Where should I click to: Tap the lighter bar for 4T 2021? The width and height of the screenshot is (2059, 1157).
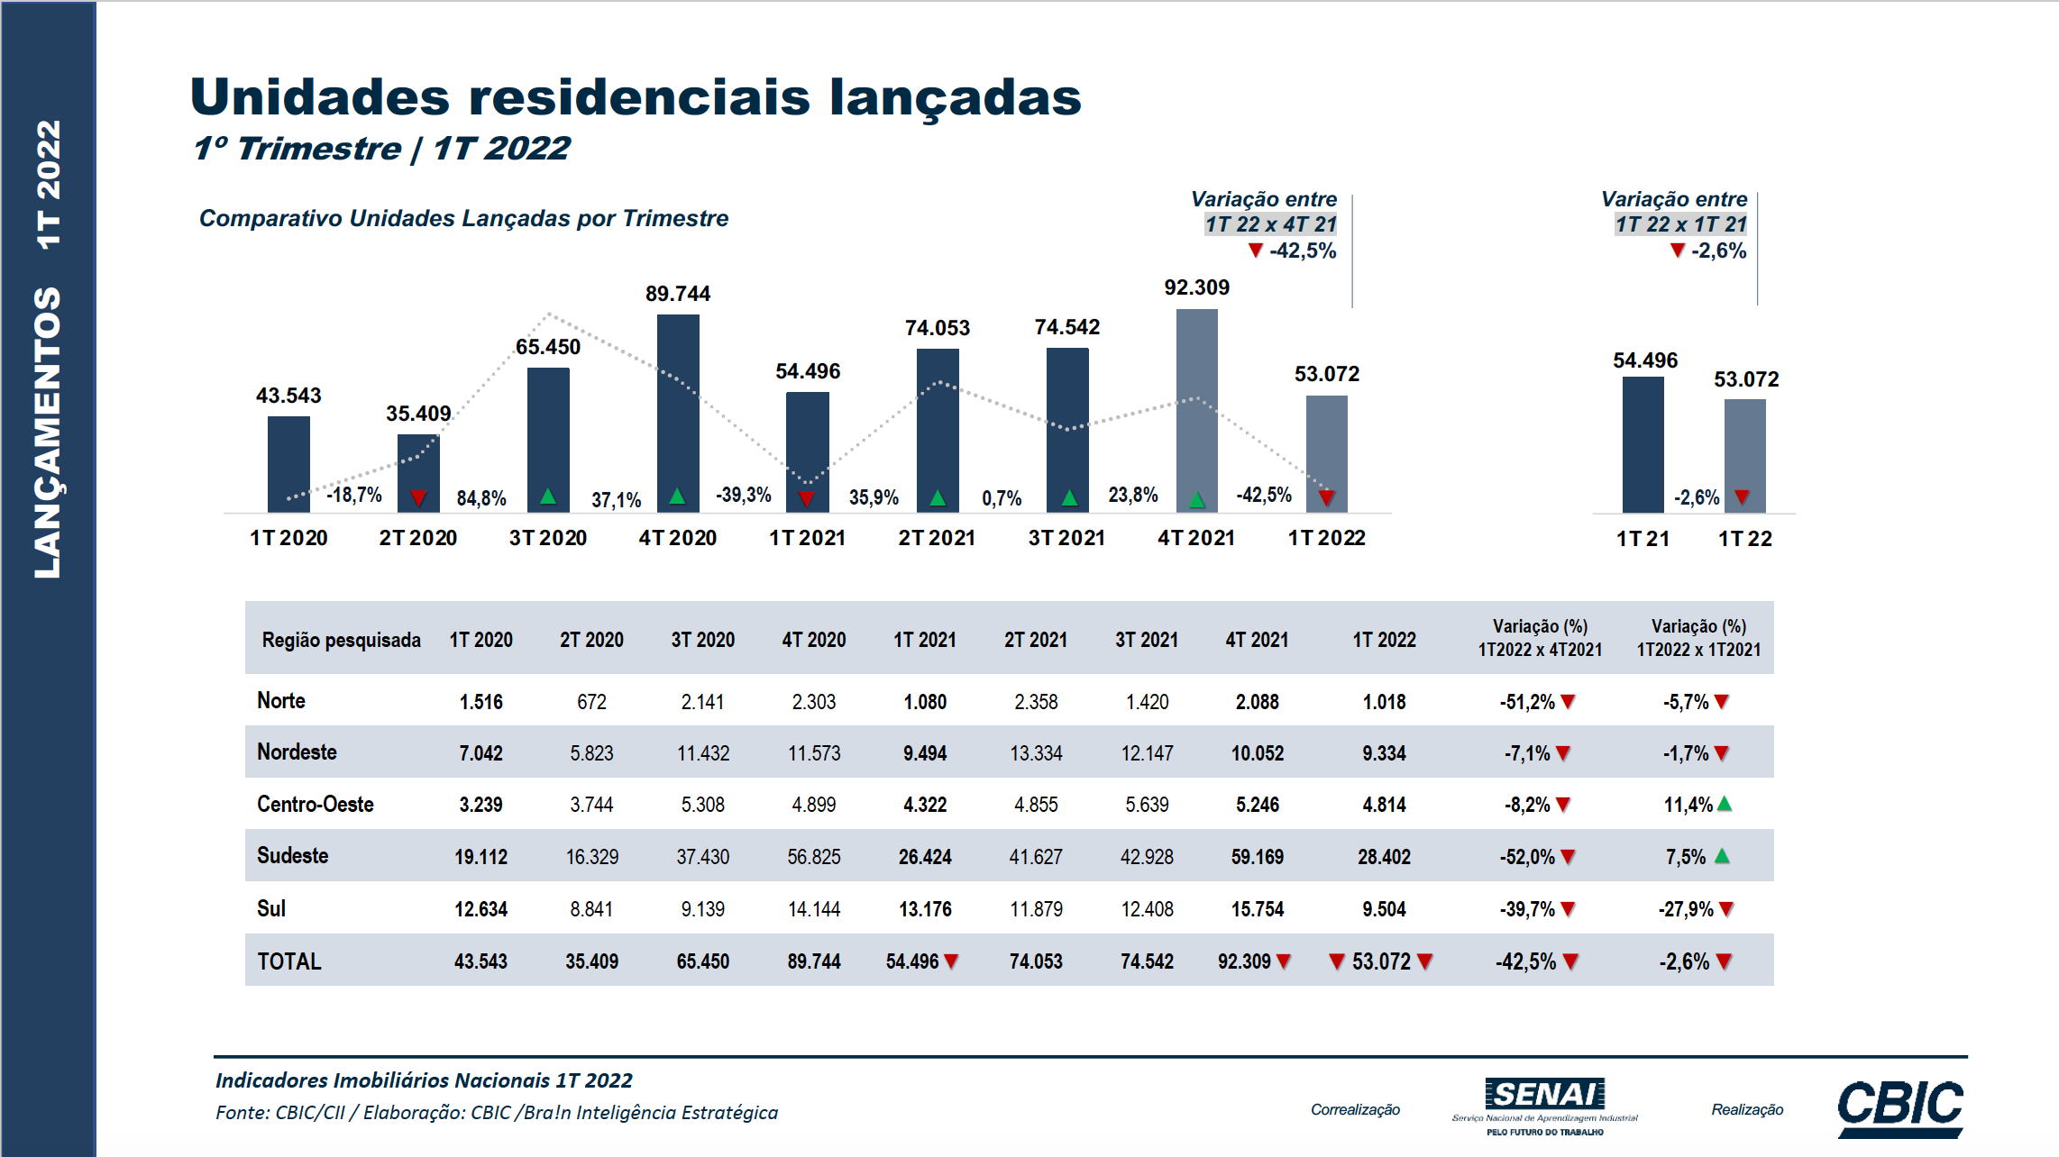click(x=1196, y=410)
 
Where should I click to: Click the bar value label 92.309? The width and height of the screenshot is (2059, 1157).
click(x=1196, y=287)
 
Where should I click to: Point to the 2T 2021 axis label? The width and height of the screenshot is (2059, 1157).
click(x=937, y=538)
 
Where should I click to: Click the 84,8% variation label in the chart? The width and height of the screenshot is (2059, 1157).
click(x=481, y=498)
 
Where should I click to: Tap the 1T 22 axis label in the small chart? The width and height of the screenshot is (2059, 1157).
click(x=1744, y=539)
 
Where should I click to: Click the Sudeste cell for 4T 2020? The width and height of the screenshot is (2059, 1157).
click(x=813, y=856)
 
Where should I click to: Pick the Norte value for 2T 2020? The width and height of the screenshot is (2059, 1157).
click(x=591, y=702)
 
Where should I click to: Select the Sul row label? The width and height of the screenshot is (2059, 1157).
click(x=271, y=908)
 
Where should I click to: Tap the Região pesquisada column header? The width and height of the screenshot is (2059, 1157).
click(x=341, y=640)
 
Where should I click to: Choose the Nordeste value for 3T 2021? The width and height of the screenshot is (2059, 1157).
click(x=1147, y=753)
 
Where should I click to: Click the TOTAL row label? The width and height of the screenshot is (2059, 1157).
click(x=288, y=961)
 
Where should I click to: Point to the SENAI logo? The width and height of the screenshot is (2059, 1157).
click(x=1544, y=1105)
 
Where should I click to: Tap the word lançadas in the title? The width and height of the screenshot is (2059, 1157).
click(x=955, y=97)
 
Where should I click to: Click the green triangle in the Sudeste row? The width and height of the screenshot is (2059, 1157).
click(x=1722, y=856)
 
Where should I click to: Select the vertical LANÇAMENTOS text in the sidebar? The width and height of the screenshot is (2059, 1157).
click(x=48, y=433)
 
